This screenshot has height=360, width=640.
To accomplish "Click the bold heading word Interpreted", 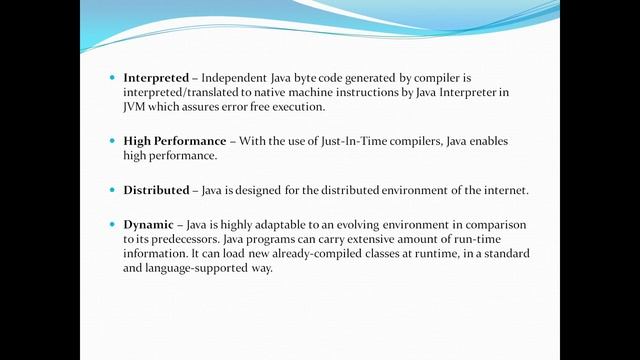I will pyautogui.click(x=155, y=77).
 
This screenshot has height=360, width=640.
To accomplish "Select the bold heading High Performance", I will pyautogui.click(x=175, y=141).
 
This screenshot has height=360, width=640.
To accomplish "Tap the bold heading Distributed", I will pyautogui.click(x=156, y=190).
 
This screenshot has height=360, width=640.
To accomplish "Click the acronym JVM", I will pyautogui.click(x=136, y=107).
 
